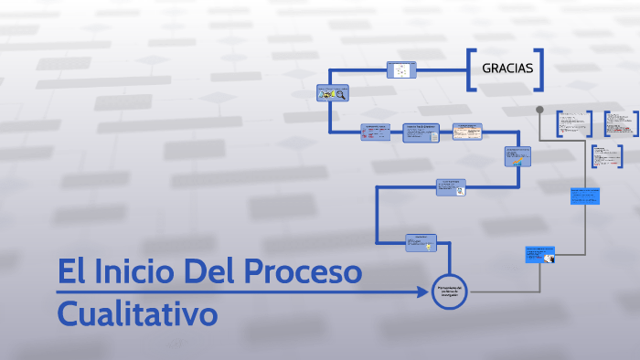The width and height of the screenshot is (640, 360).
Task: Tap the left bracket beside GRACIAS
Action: [x=470, y=69]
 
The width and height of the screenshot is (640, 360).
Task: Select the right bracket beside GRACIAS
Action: [x=542, y=69]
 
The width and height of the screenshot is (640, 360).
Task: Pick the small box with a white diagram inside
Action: [x=401, y=69]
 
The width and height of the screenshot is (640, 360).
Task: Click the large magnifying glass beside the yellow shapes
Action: [x=341, y=93]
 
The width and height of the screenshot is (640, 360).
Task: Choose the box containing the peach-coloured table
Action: [x=467, y=132]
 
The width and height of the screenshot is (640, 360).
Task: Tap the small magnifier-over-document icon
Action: [x=461, y=191]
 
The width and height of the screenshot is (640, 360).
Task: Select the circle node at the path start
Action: [x=449, y=291]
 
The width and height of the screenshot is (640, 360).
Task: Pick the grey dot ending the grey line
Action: [x=539, y=110]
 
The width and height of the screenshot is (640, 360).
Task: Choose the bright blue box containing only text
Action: [x=585, y=196]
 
